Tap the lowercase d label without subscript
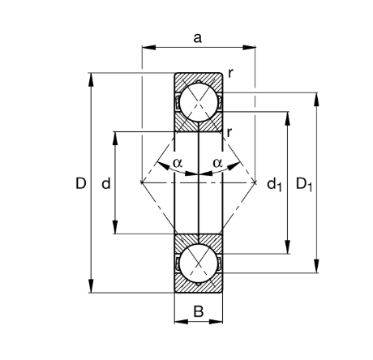tap(106, 184)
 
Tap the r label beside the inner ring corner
tap(231, 131)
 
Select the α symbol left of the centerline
tap(178, 163)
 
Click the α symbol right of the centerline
tap(217, 163)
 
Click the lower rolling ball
tap(198, 264)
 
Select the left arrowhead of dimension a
tap(147, 47)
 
